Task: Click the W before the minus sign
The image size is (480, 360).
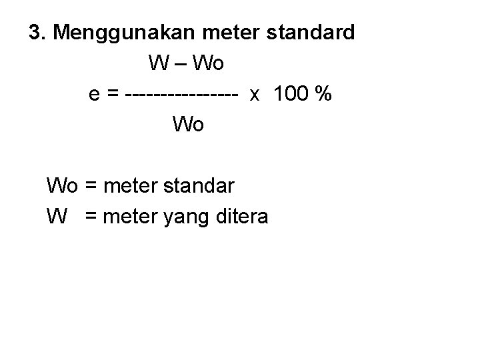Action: [160, 64]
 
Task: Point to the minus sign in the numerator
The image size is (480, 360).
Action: [181, 64]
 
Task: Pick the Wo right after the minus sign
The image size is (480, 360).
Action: [208, 64]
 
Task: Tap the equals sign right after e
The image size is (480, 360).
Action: [113, 95]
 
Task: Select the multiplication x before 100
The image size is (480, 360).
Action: [255, 95]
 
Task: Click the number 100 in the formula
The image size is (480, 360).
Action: [291, 95]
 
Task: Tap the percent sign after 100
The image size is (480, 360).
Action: [324, 95]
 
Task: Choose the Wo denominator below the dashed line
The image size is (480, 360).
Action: [189, 125]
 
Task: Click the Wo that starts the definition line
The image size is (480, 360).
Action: [62, 185]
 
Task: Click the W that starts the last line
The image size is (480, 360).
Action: [56, 216]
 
